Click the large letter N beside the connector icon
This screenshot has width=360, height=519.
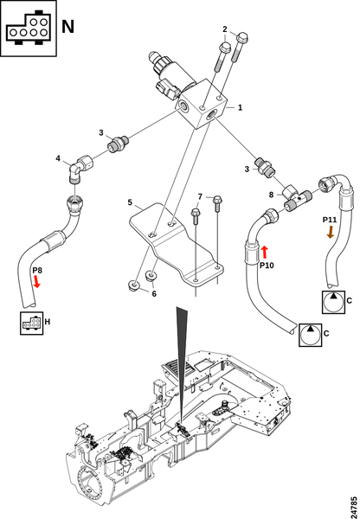67,27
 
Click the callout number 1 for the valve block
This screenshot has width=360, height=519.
240,107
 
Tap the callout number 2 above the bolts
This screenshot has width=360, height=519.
225,29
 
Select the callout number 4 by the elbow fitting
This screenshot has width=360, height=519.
58,158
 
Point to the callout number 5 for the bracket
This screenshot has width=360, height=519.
130,202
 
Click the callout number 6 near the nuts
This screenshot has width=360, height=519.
154,293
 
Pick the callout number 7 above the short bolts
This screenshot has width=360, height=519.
200,197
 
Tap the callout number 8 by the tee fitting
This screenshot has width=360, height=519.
271,195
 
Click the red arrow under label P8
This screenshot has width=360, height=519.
36,282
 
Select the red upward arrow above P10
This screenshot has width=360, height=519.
264,253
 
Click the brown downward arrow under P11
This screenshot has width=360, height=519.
331,231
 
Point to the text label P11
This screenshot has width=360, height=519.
330,220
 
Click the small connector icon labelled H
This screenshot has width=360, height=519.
31,323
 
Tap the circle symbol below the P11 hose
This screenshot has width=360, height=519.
333,302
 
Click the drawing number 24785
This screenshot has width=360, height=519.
354,506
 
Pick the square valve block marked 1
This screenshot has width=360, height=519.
202,104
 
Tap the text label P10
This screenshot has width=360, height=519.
267,266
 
